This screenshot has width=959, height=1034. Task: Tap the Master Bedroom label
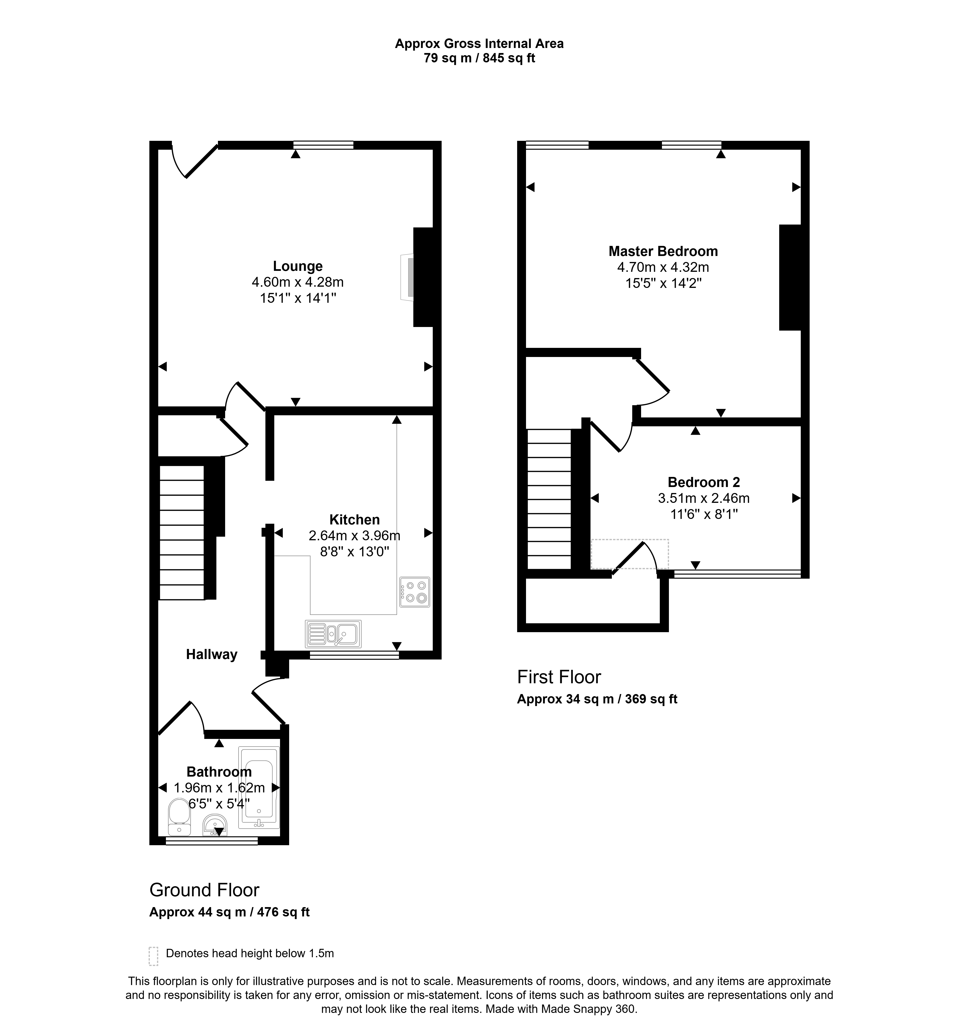pyautogui.click(x=663, y=251)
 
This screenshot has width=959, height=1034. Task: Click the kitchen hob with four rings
pyautogui.click(x=415, y=592)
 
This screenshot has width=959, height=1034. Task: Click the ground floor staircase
pyautogui.click(x=182, y=533)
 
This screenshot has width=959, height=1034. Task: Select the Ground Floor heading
pyautogui.click(x=205, y=890)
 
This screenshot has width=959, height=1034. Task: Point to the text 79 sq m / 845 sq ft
pyautogui.click(x=479, y=58)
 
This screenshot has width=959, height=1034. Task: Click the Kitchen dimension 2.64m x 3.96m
pyautogui.click(x=354, y=535)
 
